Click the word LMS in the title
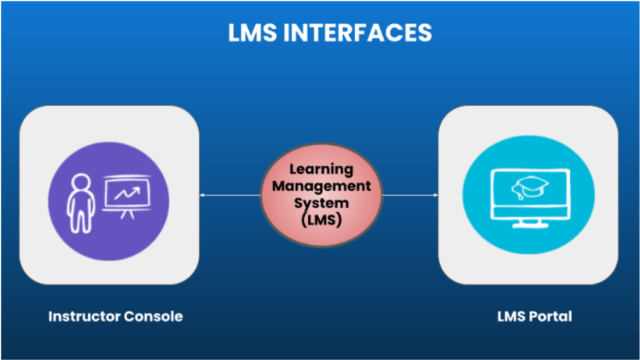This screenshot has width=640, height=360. [x=253, y=32]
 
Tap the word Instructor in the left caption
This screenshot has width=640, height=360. [x=81, y=316]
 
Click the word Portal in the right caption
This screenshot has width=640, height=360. [x=551, y=316]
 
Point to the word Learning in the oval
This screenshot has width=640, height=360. [x=320, y=171]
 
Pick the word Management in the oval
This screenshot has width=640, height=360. [x=321, y=186]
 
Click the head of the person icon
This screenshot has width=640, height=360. [x=80, y=182]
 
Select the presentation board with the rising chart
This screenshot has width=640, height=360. [x=127, y=194]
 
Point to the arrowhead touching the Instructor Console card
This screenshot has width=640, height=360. [x=203, y=195]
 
